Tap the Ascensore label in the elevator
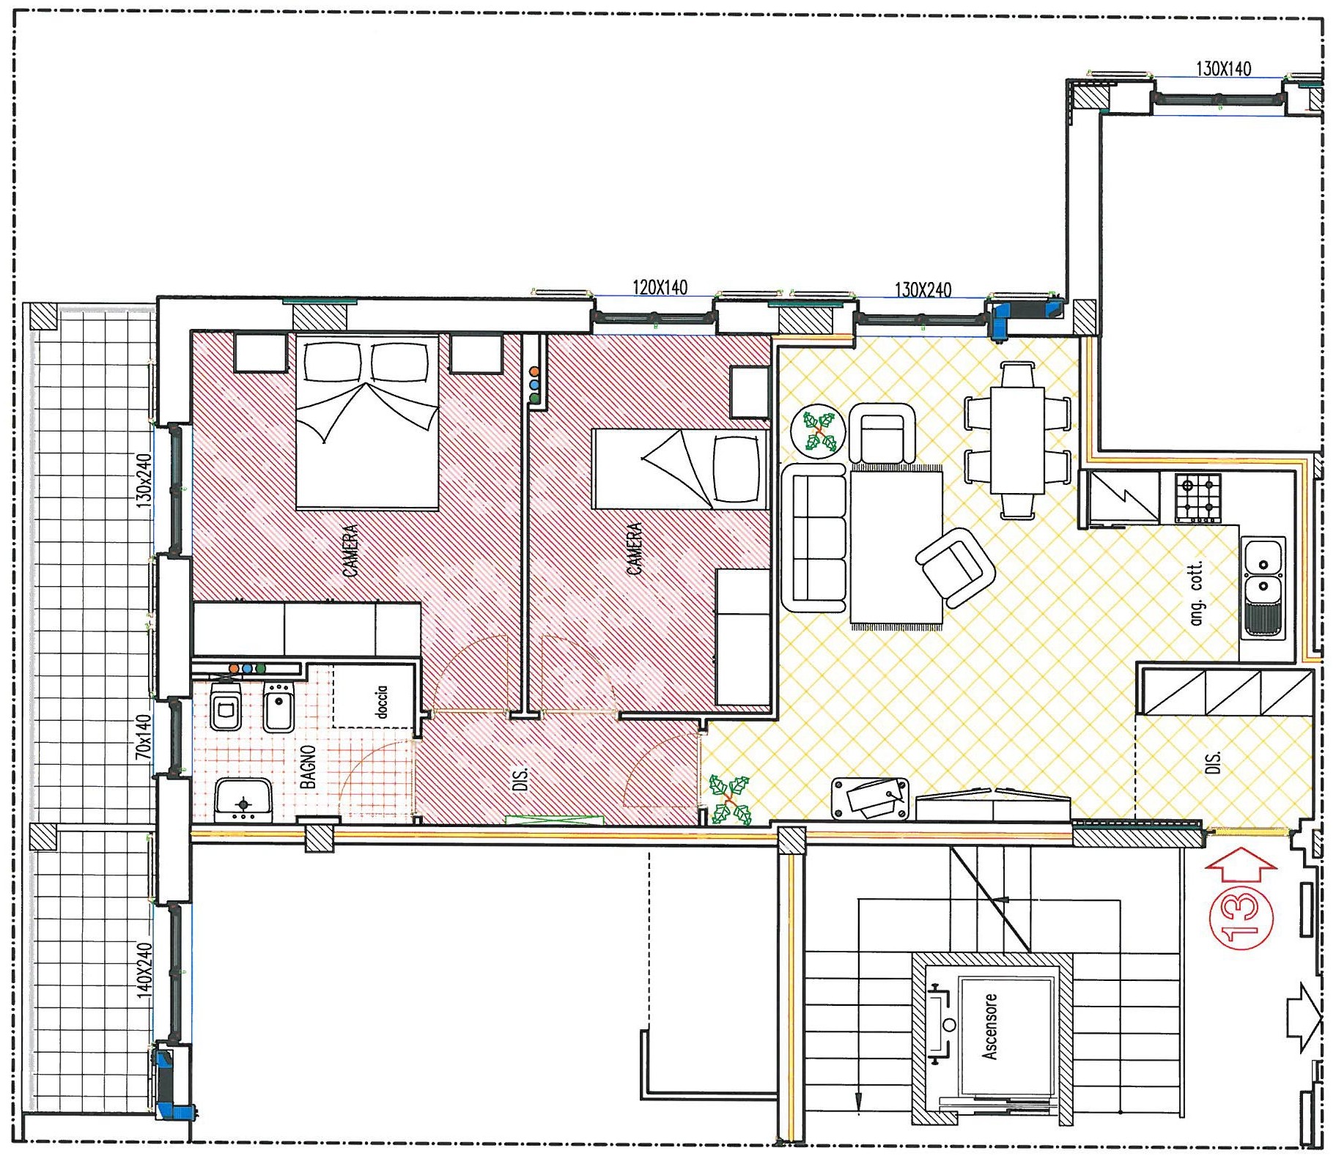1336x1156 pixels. coord(989,1026)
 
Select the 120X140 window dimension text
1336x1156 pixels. coord(660,287)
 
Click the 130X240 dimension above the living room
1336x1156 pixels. coord(923,289)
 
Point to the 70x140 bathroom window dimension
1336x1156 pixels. coord(143,736)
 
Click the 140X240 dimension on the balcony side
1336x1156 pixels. coord(144,970)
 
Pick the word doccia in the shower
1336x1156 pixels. coord(380,702)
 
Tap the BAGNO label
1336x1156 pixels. coord(308,767)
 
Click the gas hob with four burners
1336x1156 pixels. coord(1198,497)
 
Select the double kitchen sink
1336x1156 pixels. coord(1263,587)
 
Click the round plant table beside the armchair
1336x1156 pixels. coord(819,431)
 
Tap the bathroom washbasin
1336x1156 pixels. coord(243,800)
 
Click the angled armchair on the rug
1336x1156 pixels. coord(955,567)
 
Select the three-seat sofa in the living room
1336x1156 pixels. coord(814,538)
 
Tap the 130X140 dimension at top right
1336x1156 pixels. coord(1223,69)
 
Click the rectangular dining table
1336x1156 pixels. coord(1017,440)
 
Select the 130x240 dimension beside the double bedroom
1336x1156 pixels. coord(144,481)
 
